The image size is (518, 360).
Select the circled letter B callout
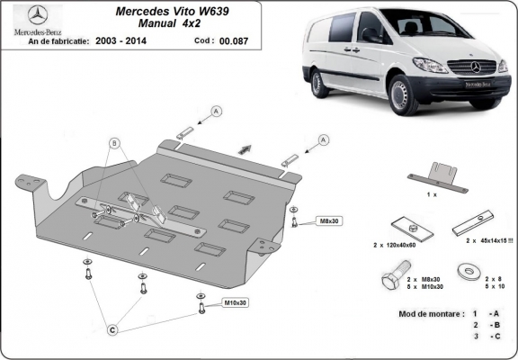point(115,143)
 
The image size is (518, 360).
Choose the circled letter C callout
point(112,329)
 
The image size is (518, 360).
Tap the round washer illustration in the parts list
point(467,268)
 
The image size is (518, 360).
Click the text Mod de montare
point(431,314)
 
